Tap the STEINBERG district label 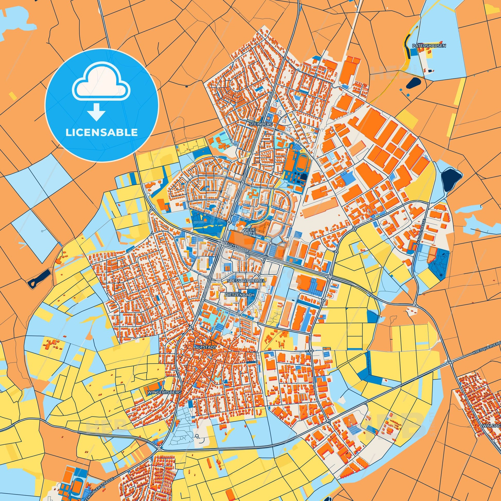[261, 124]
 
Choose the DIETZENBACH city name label [240, 295]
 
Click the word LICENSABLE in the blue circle [101, 132]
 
